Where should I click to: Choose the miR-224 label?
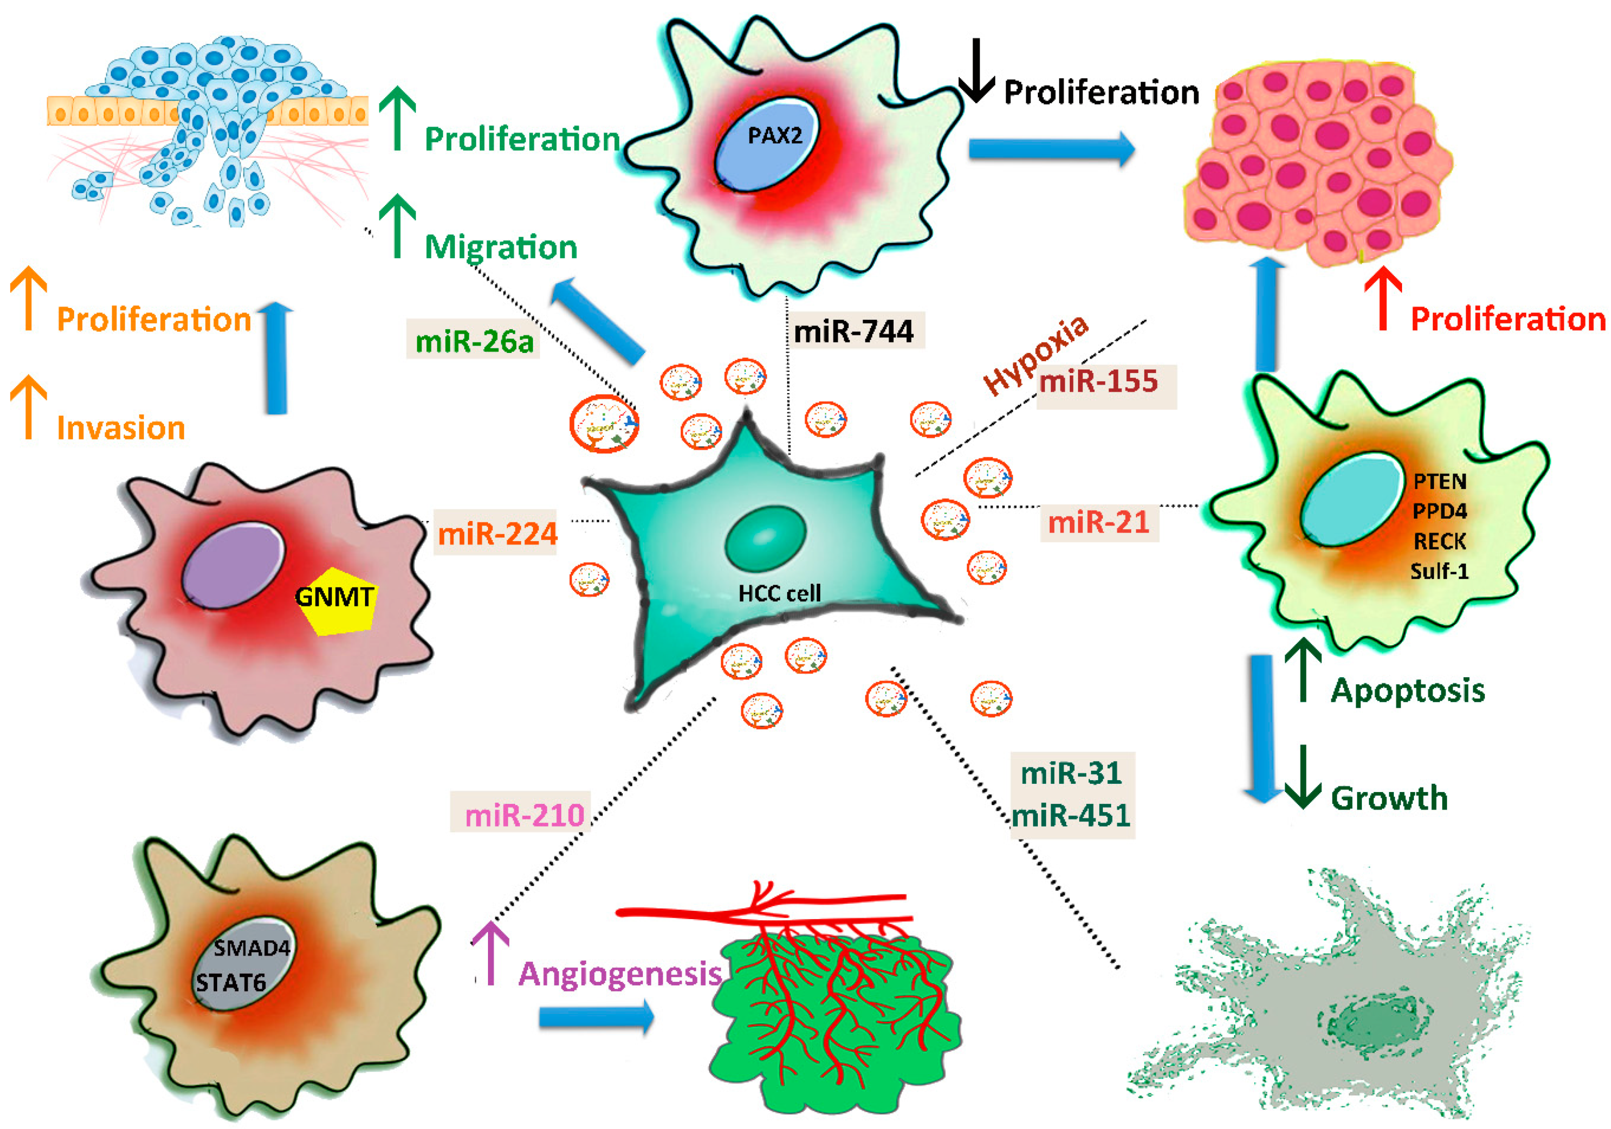[497, 534]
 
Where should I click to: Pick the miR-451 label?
[1072, 816]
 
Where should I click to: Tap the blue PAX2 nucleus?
[767, 144]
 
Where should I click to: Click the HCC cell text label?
[779, 594]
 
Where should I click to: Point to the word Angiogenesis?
[620, 974]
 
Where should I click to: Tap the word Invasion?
[121, 428]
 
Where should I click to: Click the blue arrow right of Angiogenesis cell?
[596, 1017]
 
